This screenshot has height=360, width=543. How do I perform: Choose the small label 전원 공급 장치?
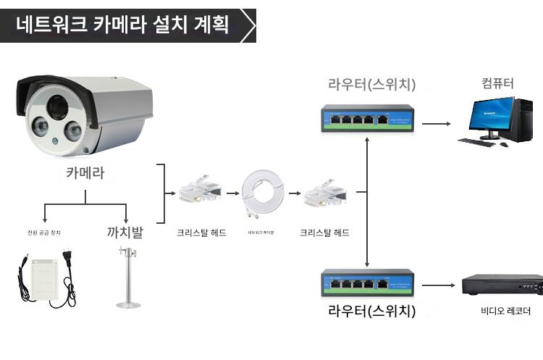(44, 233)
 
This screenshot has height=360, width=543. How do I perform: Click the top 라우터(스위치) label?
(371, 85)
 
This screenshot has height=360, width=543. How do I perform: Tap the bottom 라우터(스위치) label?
(371, 312)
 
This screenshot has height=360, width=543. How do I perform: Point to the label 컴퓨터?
(497, 83)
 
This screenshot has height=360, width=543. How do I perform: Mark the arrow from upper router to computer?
(437, 123)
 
